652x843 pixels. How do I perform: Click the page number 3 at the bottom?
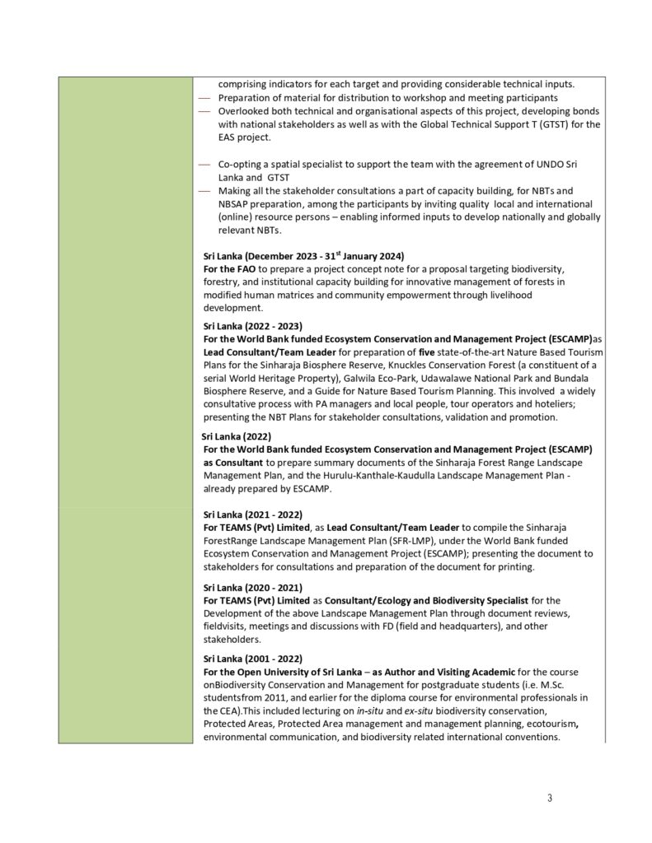coord(548,798)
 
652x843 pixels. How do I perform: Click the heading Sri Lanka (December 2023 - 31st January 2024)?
coord(303,256)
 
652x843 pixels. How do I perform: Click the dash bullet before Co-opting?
coord(204,165)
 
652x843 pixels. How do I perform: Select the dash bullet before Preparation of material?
coord(204,98)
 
